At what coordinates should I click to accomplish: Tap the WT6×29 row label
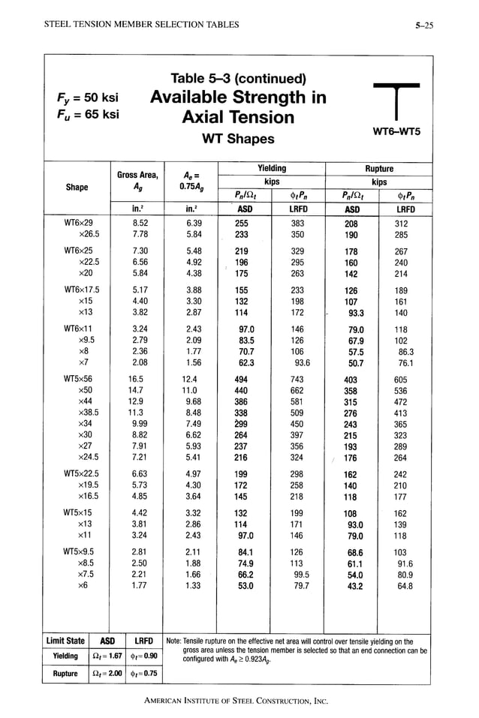tap(78, 223)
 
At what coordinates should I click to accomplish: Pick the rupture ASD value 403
tap(351, 380)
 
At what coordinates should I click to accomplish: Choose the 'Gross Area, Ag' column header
tap(137, 181)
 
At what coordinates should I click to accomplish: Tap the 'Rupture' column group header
tap(379, 169)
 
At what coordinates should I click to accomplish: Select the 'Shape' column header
tap(77, 188)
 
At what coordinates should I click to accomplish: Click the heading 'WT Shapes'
tap(238, 139)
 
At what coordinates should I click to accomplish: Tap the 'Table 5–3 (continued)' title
tap(238, 79)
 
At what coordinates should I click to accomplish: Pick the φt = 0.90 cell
tap(143, 656)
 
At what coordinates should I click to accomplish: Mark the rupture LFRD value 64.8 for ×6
tap(405, 586)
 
